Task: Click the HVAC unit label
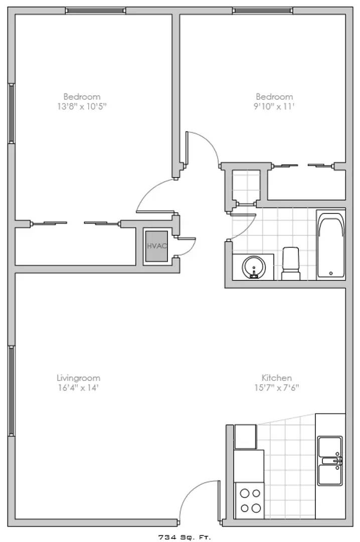[x=157, y=246]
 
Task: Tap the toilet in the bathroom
[x=291, y=263]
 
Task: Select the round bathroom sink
[x=254, y=267]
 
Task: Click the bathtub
[x=331, y=245]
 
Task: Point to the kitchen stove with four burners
[x=250, y=500]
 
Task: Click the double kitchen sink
[x=330, y=461]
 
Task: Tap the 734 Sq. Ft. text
[x=185, y=537]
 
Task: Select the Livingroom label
[x=78, y=378]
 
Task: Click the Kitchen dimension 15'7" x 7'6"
[x=277, y=387]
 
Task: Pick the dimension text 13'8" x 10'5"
[x=82, y=106]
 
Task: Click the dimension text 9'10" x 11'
[x=274, y=106]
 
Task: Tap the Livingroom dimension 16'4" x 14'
[x=78, y=387]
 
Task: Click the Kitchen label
[x=277, y=378]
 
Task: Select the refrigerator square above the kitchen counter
[x=246, y=437]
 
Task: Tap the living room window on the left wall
[x=11, y=390]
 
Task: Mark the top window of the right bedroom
[x=263, y=11]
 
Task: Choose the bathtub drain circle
[x=331, y=274]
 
